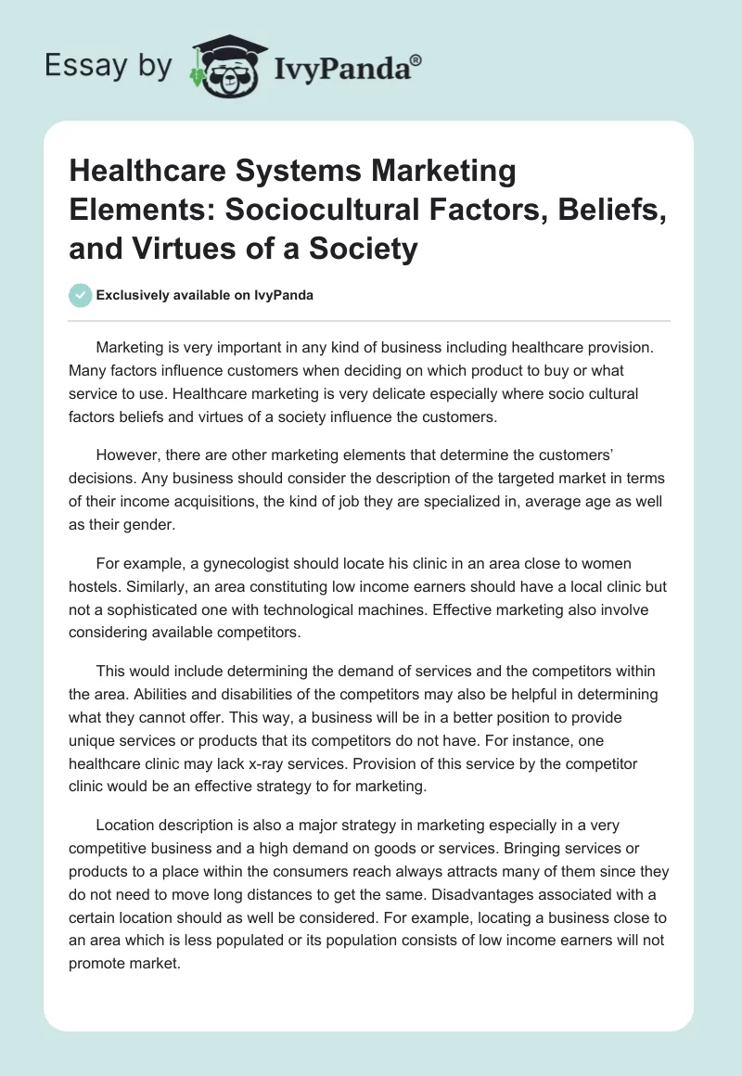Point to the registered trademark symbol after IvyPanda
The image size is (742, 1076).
coord(416,59)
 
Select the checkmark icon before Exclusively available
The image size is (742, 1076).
coord(81,295)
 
